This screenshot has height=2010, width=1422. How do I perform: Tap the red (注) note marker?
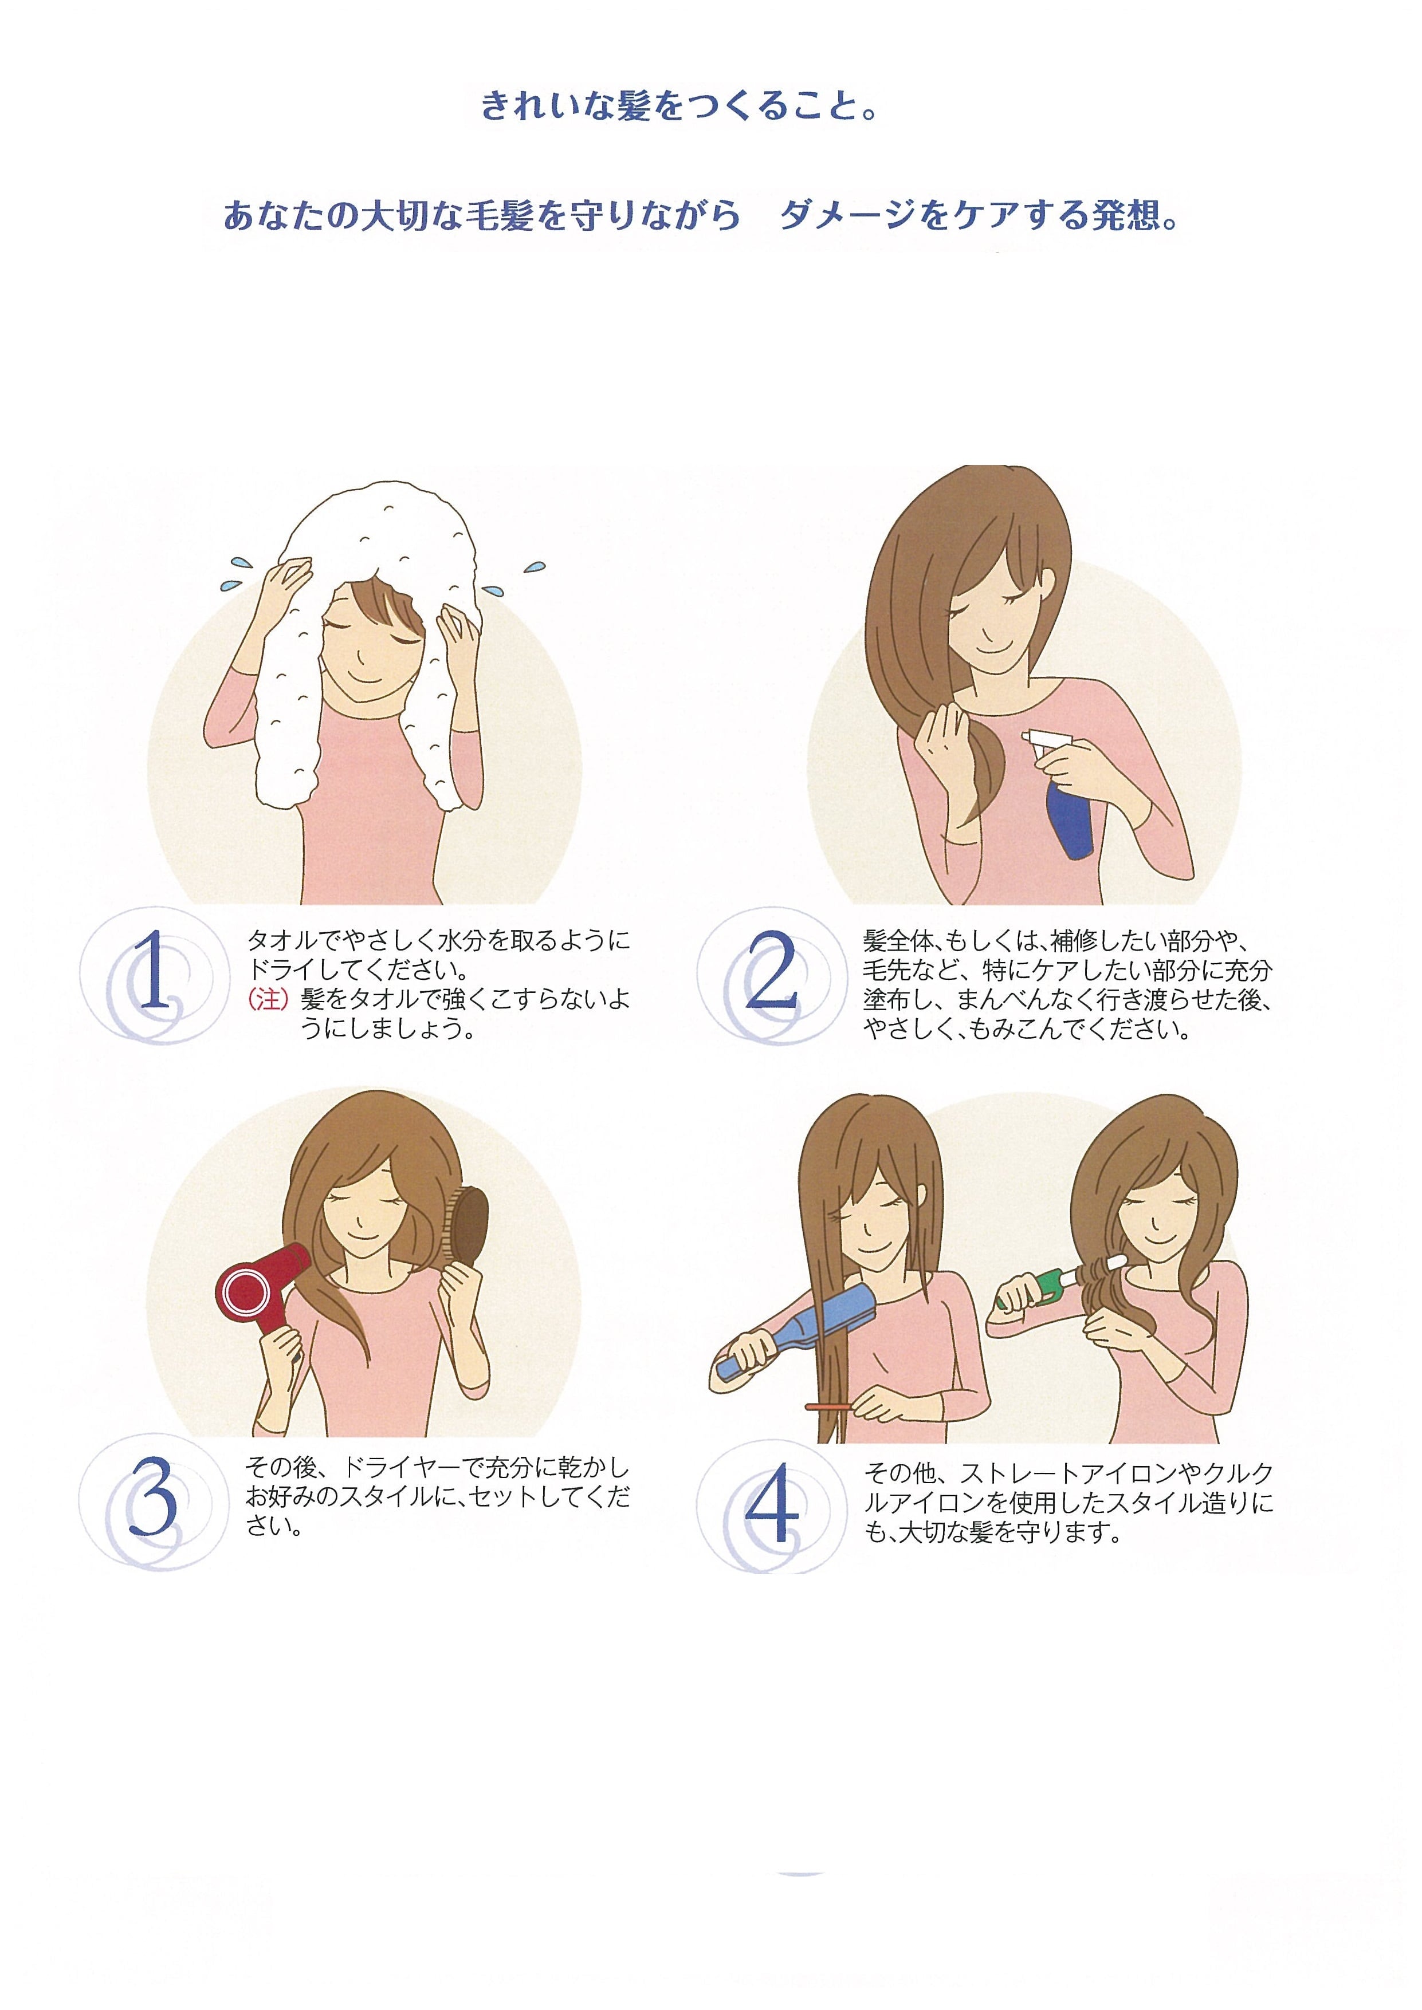tap(269, 999)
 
